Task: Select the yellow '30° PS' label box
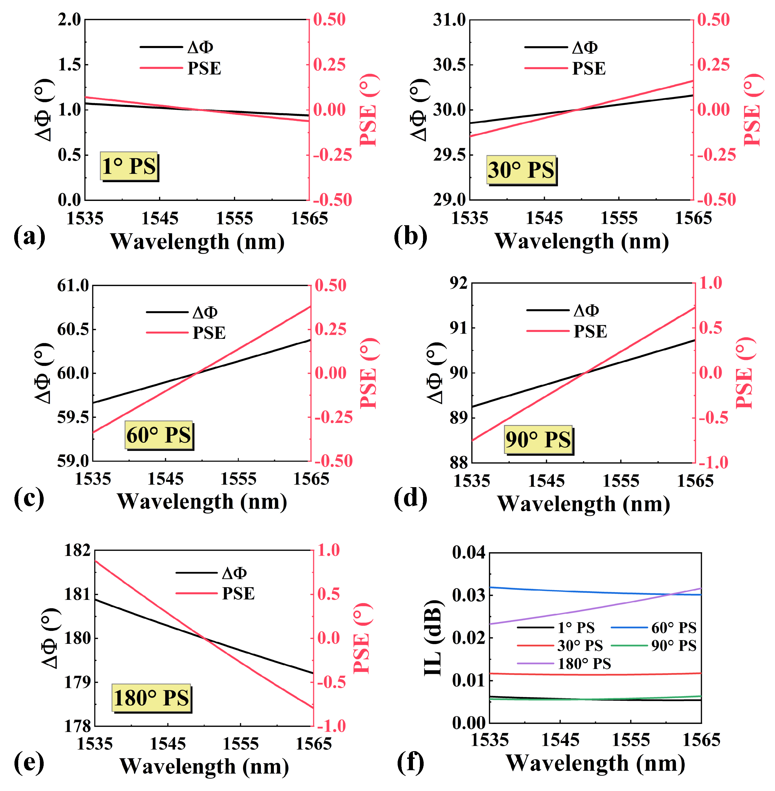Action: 521,170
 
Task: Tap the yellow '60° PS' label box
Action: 159,435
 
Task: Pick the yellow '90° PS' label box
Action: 538,439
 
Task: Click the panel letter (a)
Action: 29,236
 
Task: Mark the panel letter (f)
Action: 410,763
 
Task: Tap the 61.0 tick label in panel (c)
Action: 73,285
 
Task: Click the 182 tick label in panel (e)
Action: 77,550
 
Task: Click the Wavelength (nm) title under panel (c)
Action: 202,502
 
